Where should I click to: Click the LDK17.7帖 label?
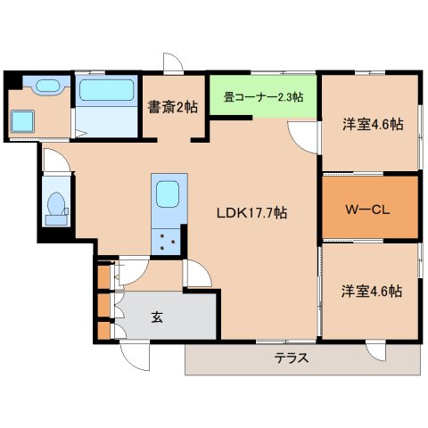255,213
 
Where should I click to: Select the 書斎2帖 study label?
173,106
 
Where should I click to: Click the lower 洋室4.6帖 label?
371,291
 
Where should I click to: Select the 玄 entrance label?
157,316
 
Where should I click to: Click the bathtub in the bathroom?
105,90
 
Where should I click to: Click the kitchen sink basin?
167,193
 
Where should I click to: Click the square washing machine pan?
21,122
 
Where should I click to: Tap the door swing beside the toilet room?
53,160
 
